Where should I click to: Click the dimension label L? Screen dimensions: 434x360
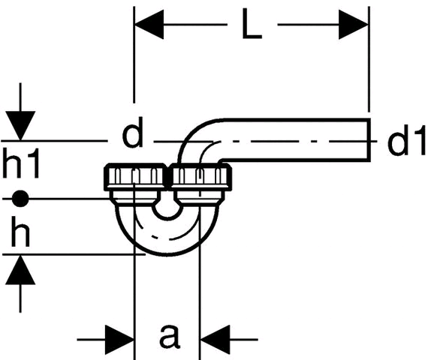tap(252, 23)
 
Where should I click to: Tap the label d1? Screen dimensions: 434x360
tap(406, 140)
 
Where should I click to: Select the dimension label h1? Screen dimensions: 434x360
tap(21, 163)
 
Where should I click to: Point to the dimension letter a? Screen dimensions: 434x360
tap(170, 336)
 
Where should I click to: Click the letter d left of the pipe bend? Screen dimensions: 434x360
tap(133, 132)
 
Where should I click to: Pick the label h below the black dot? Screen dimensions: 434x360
tap(20, 231)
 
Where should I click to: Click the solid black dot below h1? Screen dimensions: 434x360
tap(20, 199)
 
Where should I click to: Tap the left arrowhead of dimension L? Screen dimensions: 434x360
tap(149, 24)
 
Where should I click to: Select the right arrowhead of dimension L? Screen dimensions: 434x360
tap(354, 24)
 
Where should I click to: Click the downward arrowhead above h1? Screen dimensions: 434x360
tap(20, 126)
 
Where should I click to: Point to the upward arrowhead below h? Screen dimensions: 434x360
tap(20, 269)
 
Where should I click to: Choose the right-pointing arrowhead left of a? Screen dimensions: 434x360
tap(119, 340)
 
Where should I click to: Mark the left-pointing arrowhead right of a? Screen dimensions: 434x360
tap(215, 340)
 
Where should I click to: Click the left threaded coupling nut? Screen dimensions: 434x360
tap(136, 177)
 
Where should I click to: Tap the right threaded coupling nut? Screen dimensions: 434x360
tap(200, 177)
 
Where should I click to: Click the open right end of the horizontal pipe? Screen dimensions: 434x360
tap(369, 139)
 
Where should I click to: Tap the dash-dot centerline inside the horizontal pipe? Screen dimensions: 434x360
tap(294, 141)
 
